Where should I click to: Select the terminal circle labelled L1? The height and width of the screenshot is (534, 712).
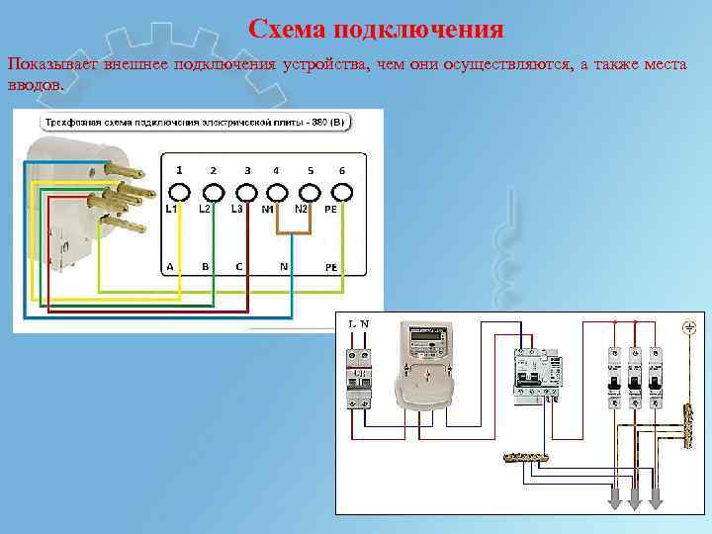tap(179, 191)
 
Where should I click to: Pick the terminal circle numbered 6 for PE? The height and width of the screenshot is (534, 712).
tap(341, 191)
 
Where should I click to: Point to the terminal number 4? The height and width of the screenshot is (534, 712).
tap(276, 170)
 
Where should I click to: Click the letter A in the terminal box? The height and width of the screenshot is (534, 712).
tap(169, 267)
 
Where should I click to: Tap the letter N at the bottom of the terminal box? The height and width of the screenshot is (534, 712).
tap(284, 267)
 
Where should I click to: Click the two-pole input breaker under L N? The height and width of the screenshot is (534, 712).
tap(359, 379)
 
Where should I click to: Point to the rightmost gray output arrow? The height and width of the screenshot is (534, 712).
tap(655, 500)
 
